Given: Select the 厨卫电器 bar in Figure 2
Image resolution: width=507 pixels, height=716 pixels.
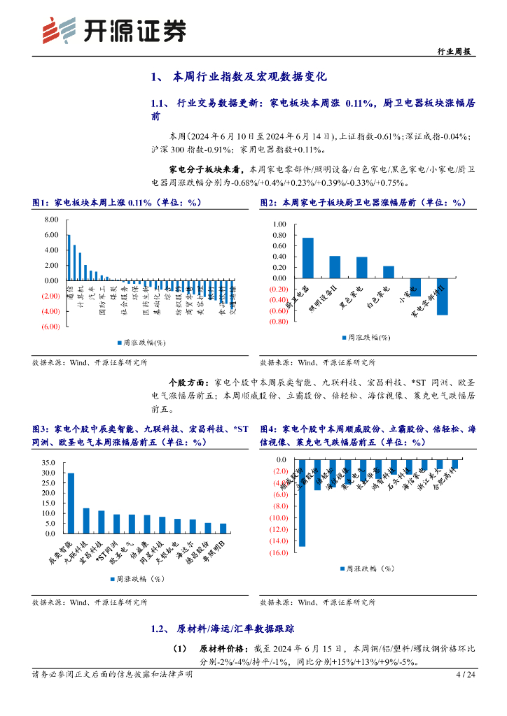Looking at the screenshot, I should point(307,258).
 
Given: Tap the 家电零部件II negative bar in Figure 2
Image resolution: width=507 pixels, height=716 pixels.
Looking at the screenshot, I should point(442,296).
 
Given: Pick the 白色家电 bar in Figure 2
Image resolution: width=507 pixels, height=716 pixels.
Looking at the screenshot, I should point(389,272).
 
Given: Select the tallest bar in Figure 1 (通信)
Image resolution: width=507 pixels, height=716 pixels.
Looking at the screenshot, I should point(69,257).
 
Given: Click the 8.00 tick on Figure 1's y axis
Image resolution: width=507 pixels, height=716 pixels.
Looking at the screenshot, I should point(50,220).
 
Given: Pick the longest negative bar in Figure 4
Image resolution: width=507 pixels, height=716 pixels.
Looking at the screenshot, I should point(302,503).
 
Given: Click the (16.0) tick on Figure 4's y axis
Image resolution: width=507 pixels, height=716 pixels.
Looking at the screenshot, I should point(277,553).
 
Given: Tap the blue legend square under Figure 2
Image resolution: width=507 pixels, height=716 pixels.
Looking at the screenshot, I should point(344,338).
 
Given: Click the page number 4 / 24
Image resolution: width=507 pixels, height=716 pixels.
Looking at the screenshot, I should point(466,675).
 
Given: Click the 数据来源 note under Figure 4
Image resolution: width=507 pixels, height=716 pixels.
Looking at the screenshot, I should point(317,601).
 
